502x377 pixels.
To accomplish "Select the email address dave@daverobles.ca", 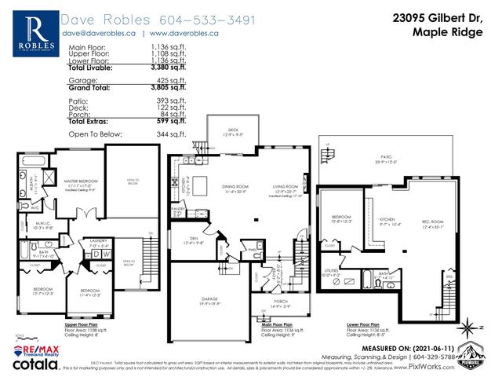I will pos(103,33).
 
